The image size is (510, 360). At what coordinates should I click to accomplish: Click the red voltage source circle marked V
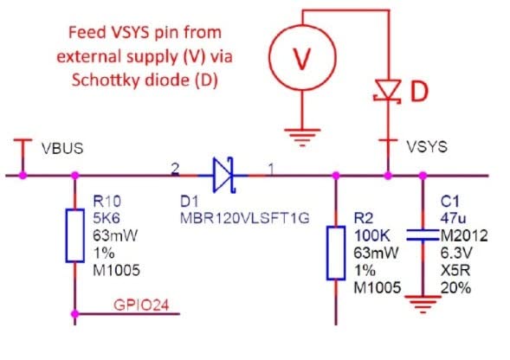click(x=302, y=58)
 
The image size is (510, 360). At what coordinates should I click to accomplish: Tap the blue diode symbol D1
click(x=223, y=176)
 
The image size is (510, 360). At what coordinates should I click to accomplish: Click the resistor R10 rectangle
click(x=75, y=235)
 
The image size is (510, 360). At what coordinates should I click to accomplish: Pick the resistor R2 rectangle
click(x=336, y=253)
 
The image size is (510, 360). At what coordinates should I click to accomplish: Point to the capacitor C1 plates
click(x=423, y=235)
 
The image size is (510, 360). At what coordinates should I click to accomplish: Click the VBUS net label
click(x=62, y=149)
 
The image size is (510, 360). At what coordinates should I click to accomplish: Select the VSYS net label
click(x=427, y=147)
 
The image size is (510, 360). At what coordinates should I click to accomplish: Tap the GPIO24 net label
click(x=141, y=305)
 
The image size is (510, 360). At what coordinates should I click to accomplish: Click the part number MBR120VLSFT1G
click(x=244, y=218)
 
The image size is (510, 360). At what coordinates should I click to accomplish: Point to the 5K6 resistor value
click(x=107, y=218)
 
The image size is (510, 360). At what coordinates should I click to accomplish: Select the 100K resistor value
click(x=371, y=235)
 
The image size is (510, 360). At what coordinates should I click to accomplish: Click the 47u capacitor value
click(x=454, y=218)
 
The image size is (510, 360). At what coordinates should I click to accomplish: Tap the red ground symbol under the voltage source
click(x=302, y=138)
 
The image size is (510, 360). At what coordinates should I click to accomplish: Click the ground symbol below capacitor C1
click(x=423, y=305)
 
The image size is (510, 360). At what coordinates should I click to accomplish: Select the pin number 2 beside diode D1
click(x=175, y=169)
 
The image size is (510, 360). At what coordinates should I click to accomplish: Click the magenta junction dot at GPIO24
click(x=75, y=314)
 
